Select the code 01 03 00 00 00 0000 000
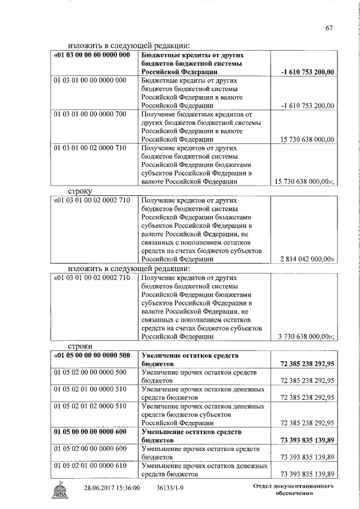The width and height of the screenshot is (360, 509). point(92,55)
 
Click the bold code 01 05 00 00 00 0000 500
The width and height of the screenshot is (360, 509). point(92,355)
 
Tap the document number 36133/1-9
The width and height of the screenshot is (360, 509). point(171,488)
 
